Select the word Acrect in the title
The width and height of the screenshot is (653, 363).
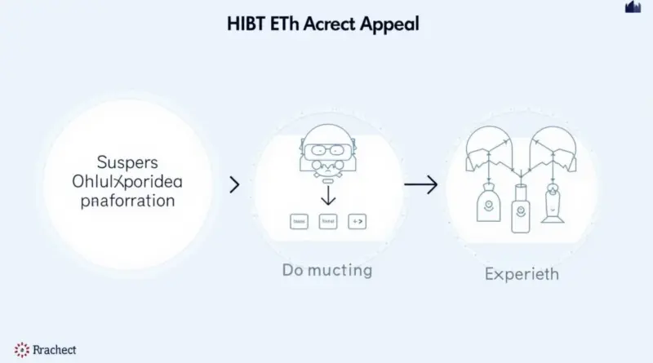click(x=332, y=24)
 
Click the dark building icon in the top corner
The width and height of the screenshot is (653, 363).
click(x=633, y=7)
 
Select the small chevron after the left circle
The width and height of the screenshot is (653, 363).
click(x=235, y=185)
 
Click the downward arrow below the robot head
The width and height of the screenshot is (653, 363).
click(x=327, y=195)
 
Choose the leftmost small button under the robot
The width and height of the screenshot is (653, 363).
click(x=298, y=220)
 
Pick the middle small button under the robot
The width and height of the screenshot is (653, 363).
click(x=327, y=220)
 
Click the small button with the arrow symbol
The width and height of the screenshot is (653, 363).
click(x=357, y=220)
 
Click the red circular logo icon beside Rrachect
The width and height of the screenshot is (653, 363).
click(x=20, y=350)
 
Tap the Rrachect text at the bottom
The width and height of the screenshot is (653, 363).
click(x=54, y=350)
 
